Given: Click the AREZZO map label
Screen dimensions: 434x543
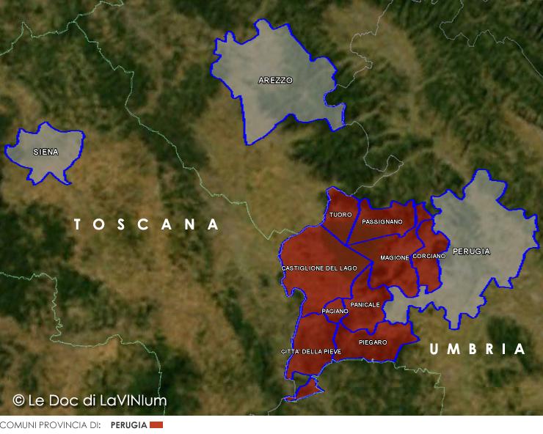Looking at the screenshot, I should [x=275, y=81].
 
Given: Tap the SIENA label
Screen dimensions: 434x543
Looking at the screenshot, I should [x=45, y=152].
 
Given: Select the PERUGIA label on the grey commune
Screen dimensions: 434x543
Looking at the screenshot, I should [x=471, y=251].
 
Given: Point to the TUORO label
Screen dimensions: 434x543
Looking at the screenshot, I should [x=340, y=215].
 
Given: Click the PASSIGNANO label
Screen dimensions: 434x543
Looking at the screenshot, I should [x=382, y=221].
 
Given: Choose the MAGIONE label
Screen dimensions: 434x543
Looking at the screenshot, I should [x=394, y=258].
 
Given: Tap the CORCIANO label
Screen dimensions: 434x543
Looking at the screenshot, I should [x=429, y=257].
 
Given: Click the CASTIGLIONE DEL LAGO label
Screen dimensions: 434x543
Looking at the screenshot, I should [x=319, y=268].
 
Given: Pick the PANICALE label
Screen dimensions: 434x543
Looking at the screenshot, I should [x=365, y=305].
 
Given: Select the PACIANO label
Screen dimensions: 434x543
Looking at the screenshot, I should [x=335, y=312].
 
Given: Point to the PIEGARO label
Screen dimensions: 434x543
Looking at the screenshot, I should [x=373, y=342].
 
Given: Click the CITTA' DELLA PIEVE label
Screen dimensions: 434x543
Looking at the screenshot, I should [x=311, y=352].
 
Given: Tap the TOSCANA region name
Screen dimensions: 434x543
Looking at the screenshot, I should [x=147, y=224].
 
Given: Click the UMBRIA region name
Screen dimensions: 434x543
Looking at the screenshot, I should [x=478, y=350].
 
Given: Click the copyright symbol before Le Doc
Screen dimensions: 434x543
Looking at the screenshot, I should [x=19, y=400].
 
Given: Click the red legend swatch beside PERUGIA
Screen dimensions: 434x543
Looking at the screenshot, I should [x=156, y=425].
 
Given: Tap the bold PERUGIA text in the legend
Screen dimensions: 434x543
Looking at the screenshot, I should [x=128, y=425].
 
